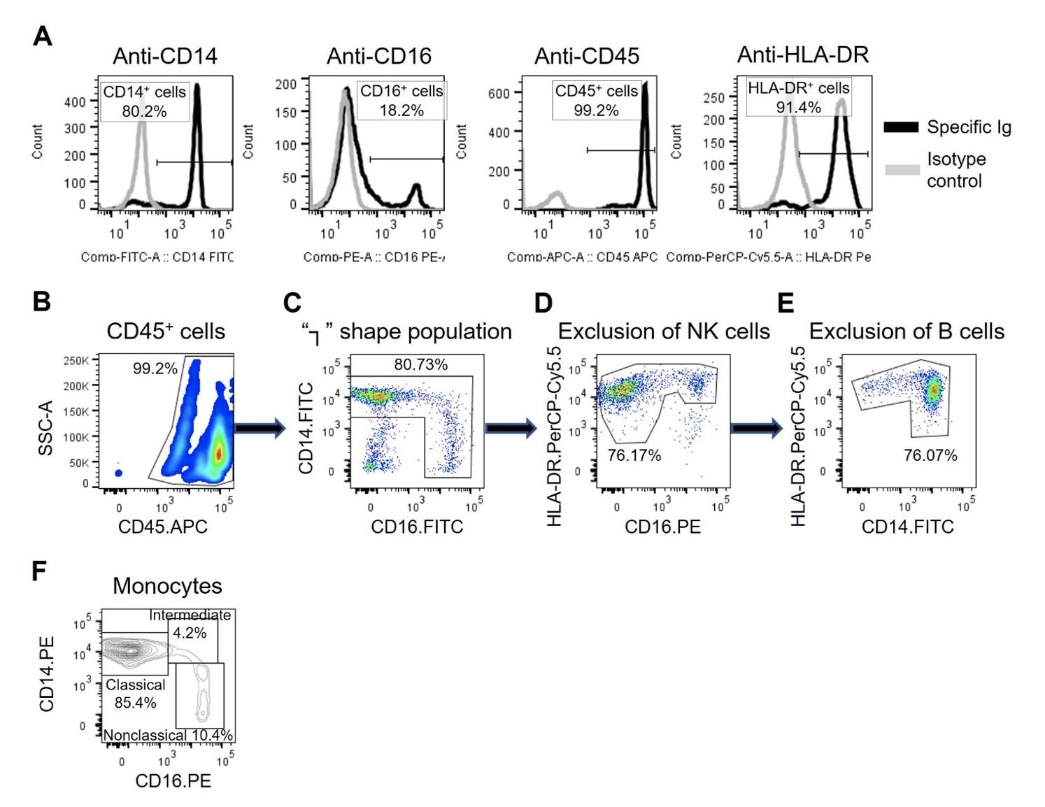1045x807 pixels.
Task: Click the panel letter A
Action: tap(43, 36)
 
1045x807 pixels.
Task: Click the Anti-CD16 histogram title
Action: tap(379, 56)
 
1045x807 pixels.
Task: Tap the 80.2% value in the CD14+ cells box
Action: tap(144, 110)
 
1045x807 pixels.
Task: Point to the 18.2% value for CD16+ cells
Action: tap(401, 110)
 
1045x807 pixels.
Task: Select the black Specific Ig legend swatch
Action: tap(901, 127)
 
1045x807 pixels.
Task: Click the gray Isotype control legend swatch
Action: tap(901, 169)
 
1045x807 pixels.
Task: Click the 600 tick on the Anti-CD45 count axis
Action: tap(499, 93)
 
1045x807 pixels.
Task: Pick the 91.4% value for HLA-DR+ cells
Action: tap(798, 107)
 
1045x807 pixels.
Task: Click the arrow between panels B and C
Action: tap(260, 428)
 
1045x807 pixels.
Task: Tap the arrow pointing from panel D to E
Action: tap(756, 428)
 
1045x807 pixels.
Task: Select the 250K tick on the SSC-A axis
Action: tap(76, 360)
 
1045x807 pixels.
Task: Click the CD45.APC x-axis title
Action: tap(163, 527)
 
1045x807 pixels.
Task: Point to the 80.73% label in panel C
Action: tap(420, 364)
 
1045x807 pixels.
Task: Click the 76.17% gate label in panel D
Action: tap(634, 455)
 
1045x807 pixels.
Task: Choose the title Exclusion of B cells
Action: tap(907, 331)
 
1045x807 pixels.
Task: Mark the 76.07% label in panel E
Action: tap(930, 455)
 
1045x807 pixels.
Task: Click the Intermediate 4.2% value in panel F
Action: tap(190, 633)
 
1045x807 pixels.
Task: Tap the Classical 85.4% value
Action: tap(135, 702)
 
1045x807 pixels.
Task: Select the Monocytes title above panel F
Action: tap(167, 586)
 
